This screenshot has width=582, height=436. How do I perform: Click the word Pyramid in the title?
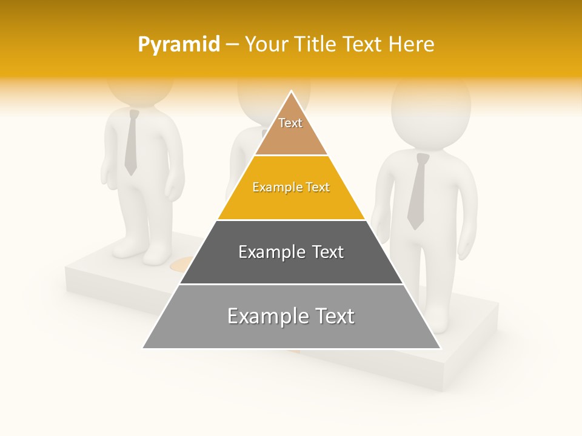(178, 45)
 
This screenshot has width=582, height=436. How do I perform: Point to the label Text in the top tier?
(290, 123)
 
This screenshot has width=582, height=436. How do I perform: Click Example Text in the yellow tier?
(291, 187)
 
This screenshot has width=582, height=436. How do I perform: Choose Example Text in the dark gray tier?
(291, 252)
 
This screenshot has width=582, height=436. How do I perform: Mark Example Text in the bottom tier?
(291, 316)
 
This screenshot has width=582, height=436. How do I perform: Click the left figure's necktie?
(131, 143)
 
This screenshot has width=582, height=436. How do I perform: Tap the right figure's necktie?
(417, 191)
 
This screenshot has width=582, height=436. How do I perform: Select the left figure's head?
(139, 91)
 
